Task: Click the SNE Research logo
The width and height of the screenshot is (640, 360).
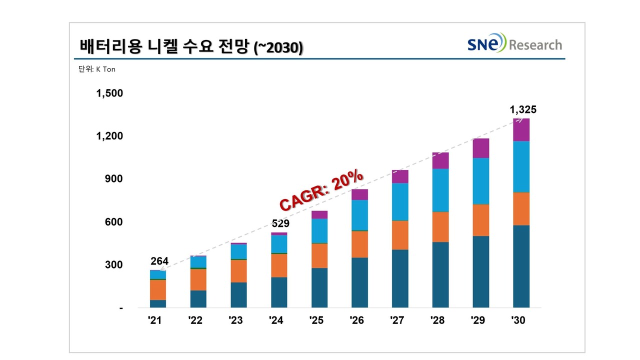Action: click(514, 44)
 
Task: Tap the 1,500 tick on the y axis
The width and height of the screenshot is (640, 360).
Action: click(109, 93)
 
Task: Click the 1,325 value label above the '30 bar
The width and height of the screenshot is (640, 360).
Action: click(522, 110)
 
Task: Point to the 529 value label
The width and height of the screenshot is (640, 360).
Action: click(280, 223)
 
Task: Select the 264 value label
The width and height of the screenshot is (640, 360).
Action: click(159, 261)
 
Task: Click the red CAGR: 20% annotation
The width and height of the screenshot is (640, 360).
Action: click(321, 190)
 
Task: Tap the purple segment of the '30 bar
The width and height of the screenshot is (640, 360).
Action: click(521, 130)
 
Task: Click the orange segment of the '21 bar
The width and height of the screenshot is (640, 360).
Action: click(158, 289)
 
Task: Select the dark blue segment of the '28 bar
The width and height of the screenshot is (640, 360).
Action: click(440, 274)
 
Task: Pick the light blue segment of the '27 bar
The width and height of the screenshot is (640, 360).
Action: click(399, 202)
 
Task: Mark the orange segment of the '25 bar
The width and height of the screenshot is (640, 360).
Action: click(319, 255)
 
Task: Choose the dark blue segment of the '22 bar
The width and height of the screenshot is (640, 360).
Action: click(198, 298)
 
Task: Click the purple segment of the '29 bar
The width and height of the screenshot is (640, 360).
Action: click(480, 148)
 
